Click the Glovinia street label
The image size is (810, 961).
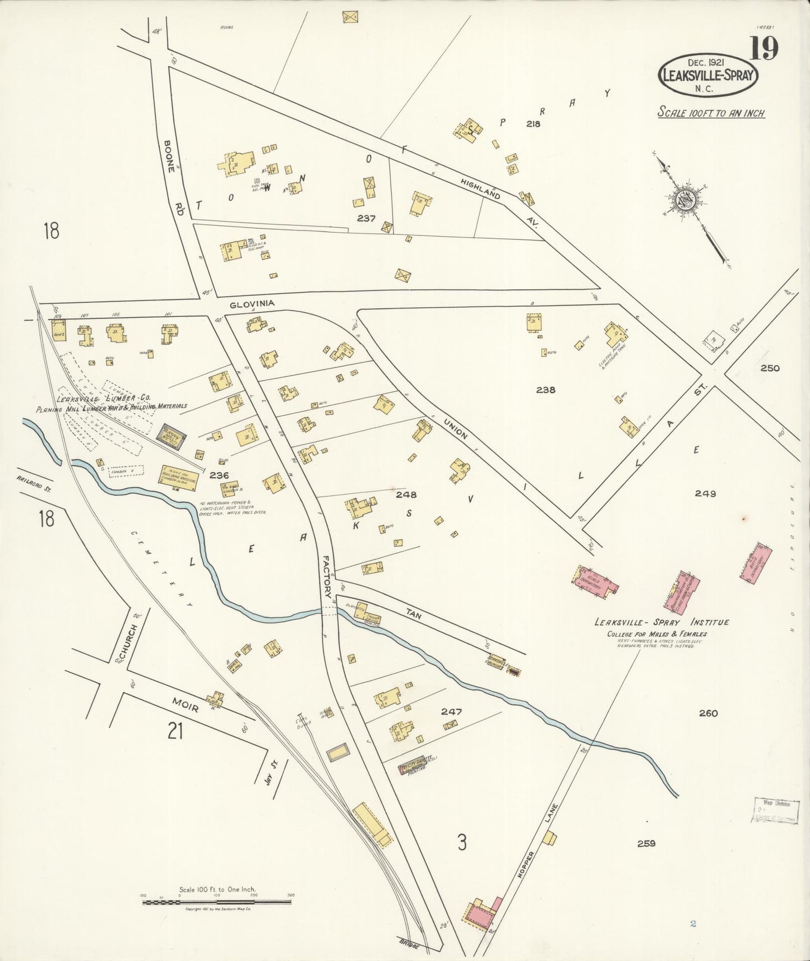252,303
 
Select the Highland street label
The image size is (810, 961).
480,190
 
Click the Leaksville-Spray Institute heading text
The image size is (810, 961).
661,622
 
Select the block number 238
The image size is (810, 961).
545,390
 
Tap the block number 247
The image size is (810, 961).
451,711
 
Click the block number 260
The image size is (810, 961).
708,713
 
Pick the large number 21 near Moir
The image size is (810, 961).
175,731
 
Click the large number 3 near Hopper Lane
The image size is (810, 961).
461,843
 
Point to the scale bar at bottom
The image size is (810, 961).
217,902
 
